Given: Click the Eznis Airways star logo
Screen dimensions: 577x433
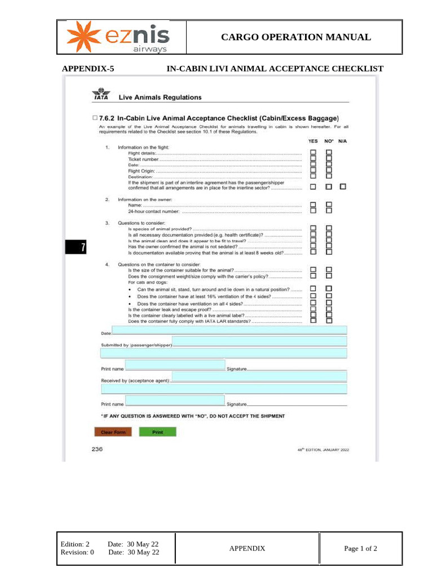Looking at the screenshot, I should tap(82, 37).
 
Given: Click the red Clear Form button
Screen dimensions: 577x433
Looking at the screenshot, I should tap(112, 432).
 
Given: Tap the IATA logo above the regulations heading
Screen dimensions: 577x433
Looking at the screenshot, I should tap(100, 94).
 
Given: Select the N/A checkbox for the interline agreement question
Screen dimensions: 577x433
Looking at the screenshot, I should tap(343, 187).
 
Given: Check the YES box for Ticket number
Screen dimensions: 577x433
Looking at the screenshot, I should tap(313, 159).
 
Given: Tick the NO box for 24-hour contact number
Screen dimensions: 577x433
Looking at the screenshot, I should tap(329, 211).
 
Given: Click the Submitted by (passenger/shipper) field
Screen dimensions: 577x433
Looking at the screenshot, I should tap(259, 341).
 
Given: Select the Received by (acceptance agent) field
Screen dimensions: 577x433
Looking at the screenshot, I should tap(259, 376).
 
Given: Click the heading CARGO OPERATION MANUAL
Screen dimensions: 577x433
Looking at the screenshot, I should tap(295, 37).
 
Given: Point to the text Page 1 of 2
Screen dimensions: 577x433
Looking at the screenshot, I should tap(360, 548).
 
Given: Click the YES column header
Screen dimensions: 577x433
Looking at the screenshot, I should tap(313, 141).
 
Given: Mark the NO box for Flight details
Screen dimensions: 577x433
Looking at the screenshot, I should tap(329, 153).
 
